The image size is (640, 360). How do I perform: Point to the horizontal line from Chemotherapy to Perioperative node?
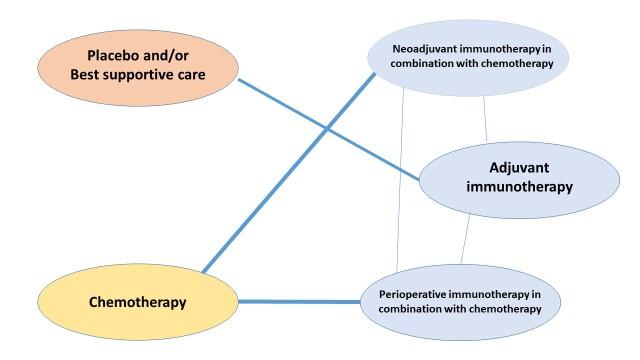[300, 301]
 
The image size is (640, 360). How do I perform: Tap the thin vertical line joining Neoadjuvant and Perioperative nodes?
[401, 180]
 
